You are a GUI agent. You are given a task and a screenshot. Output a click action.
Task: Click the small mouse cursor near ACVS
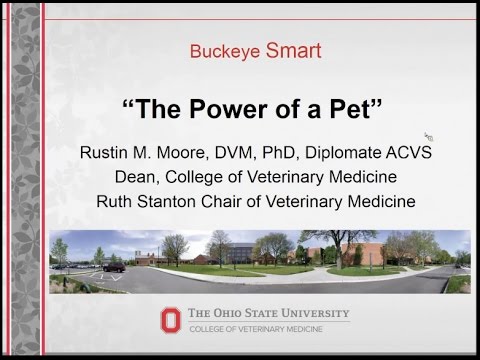[428, 136]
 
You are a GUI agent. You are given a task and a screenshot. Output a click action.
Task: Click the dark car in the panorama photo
[112, 267]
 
